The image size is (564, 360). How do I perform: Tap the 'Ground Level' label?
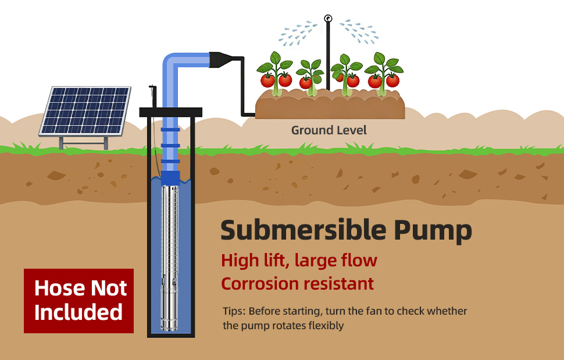(329, 130)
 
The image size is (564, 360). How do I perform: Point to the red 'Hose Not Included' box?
(78, 301)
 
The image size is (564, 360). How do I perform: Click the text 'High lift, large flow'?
(299, 260)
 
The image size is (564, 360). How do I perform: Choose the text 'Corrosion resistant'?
(297, 284)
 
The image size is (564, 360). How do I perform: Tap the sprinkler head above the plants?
(328, 19)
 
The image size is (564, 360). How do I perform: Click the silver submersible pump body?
(170, 256)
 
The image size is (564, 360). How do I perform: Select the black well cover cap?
(170, 112)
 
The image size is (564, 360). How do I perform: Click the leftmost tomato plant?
(276, 73)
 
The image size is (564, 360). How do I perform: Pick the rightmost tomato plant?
(384, 73)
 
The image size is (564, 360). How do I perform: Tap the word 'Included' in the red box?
(78, 312)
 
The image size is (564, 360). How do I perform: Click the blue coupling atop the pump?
(170, 177)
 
